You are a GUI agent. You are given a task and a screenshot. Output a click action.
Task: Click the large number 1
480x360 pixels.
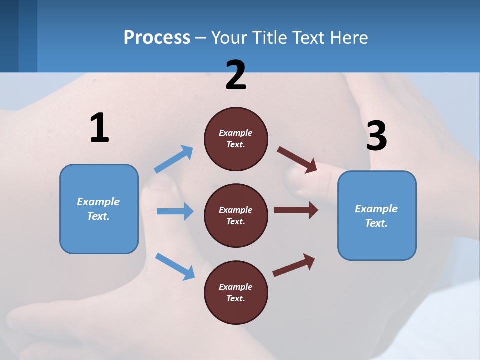click(99, 128)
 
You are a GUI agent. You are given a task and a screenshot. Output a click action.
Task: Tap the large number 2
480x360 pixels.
click(236, 76)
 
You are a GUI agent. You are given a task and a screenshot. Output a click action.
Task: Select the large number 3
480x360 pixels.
click(376, 136)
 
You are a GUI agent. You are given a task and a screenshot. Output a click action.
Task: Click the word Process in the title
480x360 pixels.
click(157, 37)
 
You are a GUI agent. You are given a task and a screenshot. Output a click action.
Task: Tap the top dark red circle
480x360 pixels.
click(236, 139)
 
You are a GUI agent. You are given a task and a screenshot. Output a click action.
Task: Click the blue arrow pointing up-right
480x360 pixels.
click(174, 159)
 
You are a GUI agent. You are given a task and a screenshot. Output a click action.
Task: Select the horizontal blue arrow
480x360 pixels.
click(175, 211)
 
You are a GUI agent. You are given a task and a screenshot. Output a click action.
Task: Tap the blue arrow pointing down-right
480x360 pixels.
click(175, 266)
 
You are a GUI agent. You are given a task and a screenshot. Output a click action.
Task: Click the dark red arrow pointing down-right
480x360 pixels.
click(297, 160)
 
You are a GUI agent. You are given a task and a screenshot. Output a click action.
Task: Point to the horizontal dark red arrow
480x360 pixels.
click(296, 210)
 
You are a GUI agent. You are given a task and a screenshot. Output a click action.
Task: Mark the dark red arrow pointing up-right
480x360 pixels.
click(294, 265)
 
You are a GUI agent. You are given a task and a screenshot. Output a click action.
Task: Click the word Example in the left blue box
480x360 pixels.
click(98, 202)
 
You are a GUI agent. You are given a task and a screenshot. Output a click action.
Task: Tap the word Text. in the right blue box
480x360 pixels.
click(376, 223)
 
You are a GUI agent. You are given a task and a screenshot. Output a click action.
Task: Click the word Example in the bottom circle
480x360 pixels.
click(235, 287)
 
